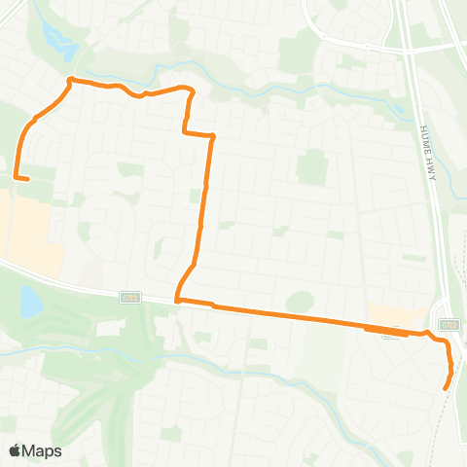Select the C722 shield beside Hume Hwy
coord(448,324)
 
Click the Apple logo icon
coord(16,450)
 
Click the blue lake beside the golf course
coord(30,305)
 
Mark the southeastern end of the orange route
coord(446,388)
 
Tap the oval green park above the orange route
coord(300,302)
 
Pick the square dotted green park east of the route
coord(311,168)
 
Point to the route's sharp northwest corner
coord(70,80)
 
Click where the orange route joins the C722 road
coord(177,301)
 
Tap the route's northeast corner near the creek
coord(191,90)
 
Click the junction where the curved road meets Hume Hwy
coord(401,50)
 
